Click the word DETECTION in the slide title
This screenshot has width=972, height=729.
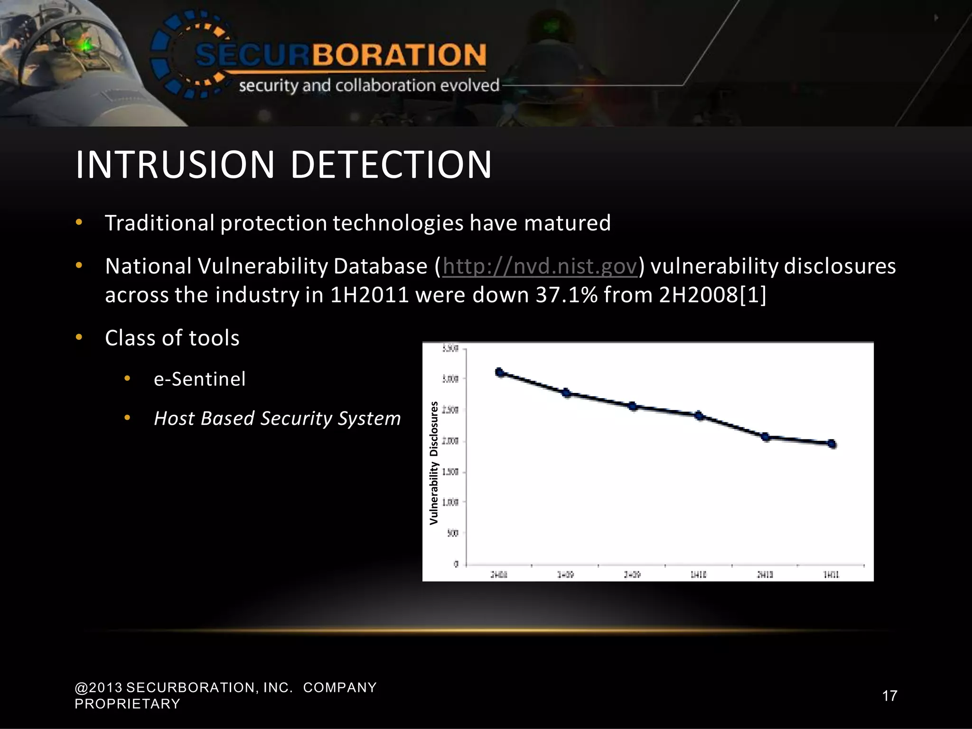[x=391, y=165]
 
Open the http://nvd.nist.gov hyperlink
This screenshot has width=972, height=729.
[x=540, y=266]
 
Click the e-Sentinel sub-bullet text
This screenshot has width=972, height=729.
[x=200, y=379]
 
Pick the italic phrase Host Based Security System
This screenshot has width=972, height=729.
[x=278, y=419]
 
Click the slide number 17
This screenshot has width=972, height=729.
[x=889, y=696]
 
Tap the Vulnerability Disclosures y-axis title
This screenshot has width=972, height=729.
[x=434, y=463]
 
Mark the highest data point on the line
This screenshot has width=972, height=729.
[x=499, y=372]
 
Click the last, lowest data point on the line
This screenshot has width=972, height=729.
[x=832, y=444]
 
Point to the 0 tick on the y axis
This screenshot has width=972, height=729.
[x=456, y=564]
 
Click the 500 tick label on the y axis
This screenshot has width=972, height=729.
[x=453, y=533]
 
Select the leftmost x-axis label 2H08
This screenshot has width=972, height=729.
[x=499, y=575]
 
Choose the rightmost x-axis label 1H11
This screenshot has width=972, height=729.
[x=831, y=575]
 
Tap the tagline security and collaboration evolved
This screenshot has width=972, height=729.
[x=369, y=86]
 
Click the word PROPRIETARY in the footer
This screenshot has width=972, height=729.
[x=128, y=704]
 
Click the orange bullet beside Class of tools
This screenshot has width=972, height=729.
[x=79, y=337]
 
